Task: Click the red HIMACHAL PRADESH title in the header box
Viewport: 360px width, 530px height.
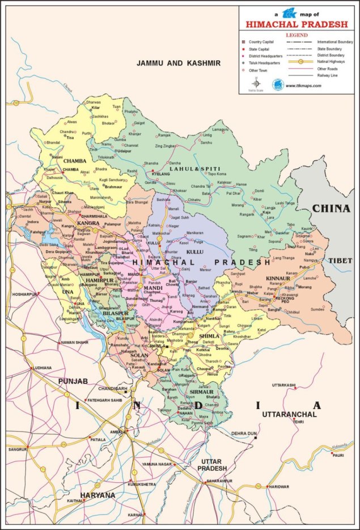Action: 296,24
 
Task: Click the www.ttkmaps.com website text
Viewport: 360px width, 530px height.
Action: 303,86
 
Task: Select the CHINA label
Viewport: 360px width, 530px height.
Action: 331,209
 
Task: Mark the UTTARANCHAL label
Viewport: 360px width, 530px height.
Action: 284,415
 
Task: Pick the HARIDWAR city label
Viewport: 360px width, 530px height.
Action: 278,486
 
